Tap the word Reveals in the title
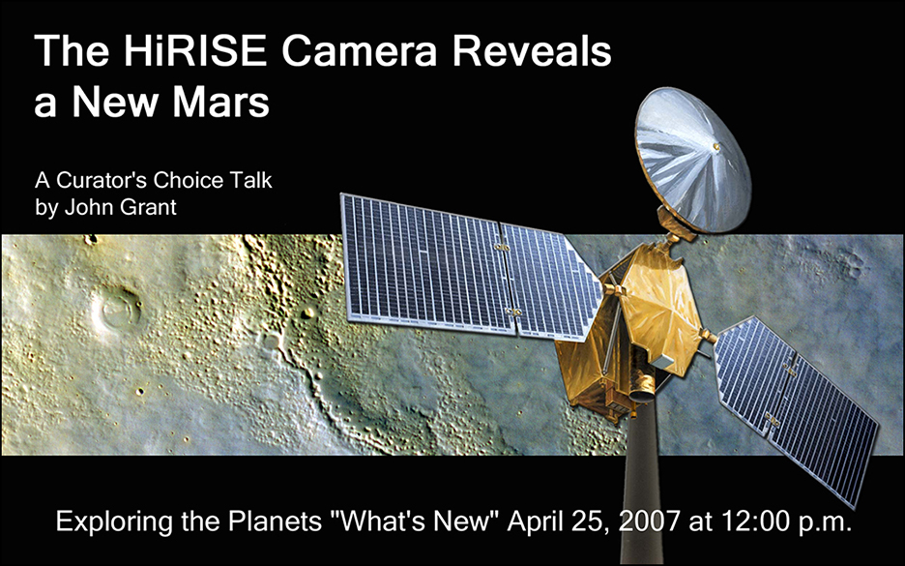click(x=531, y=50)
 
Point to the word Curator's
click(x=102, y=180)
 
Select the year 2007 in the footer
click(x=650, y=521)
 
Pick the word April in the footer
click(x=534, y=522)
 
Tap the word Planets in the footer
click(x=276, y=521)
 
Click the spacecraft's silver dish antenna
click(x=692, y=159)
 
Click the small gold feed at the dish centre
click(x=716, y=147)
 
